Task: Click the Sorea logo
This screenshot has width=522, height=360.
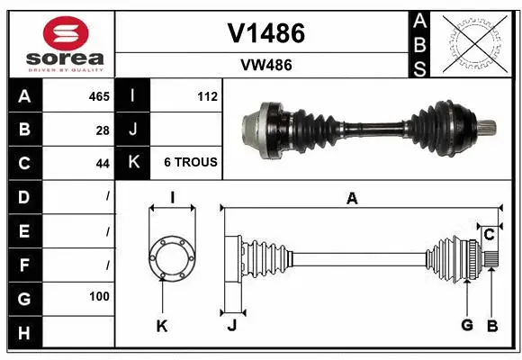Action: [x=59, y=42]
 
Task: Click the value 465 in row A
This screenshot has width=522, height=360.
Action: [x=99, y=96]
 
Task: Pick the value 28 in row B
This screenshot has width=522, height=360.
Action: [x=103, y=130]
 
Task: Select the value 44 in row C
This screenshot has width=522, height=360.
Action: [x=103, y=163]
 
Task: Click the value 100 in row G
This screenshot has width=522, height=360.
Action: [x=99, y=296]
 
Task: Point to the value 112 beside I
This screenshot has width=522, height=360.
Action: [x=207, y=96]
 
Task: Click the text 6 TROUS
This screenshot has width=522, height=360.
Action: [x=190, y=163]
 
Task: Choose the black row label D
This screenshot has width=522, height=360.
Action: [x=23, y=196]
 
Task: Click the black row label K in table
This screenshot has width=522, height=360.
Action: [x=134, y=163]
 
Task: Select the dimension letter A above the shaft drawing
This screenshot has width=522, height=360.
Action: [x=353, y=199]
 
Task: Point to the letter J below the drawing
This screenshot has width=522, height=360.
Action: [x=231, y=326]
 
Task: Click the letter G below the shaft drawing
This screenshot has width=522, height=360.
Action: [x=467, y=326]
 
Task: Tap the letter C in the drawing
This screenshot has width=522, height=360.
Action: [x=489, y=236]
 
